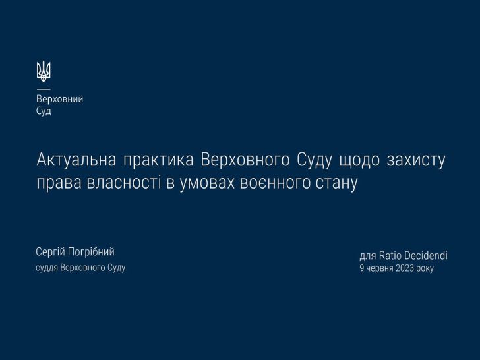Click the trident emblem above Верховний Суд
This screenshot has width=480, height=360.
pyautogui.click(x=44, y=71)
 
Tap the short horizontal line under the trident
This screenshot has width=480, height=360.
pyautogui.click(x=44, y=90)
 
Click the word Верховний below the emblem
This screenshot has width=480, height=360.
pyautogui.click(x=60, y=99)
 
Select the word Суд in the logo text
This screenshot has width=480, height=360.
pyautogui.click(x=44, y=111)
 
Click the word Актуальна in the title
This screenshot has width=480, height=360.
pyautogui.click(x=76, y=160)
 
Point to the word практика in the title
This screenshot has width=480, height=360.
pyautogui.click(x=158, y=160)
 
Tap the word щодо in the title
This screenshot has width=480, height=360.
pyautogui.click(x=359, y=160)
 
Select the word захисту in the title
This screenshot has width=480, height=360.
pyautogui.click(x=416, y=160)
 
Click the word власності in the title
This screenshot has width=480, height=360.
pyautogui.click(x=124, y=183)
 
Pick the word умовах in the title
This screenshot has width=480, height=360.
pyautogui.click(x=207, y=183)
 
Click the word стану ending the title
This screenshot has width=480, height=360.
pyautogui.click(x=336, y=183)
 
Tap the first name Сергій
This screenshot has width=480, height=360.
pyautogui.click(x=51, y=252)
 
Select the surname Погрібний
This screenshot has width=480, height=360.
pyautogui.click(x=91, y=252)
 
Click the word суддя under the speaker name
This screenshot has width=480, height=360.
pyautogui.click(x=47, y=268)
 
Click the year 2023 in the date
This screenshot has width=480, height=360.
pyautogui.click(x=404, y=268)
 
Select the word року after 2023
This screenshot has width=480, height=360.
pyautogui.click(x=425, y=269)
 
